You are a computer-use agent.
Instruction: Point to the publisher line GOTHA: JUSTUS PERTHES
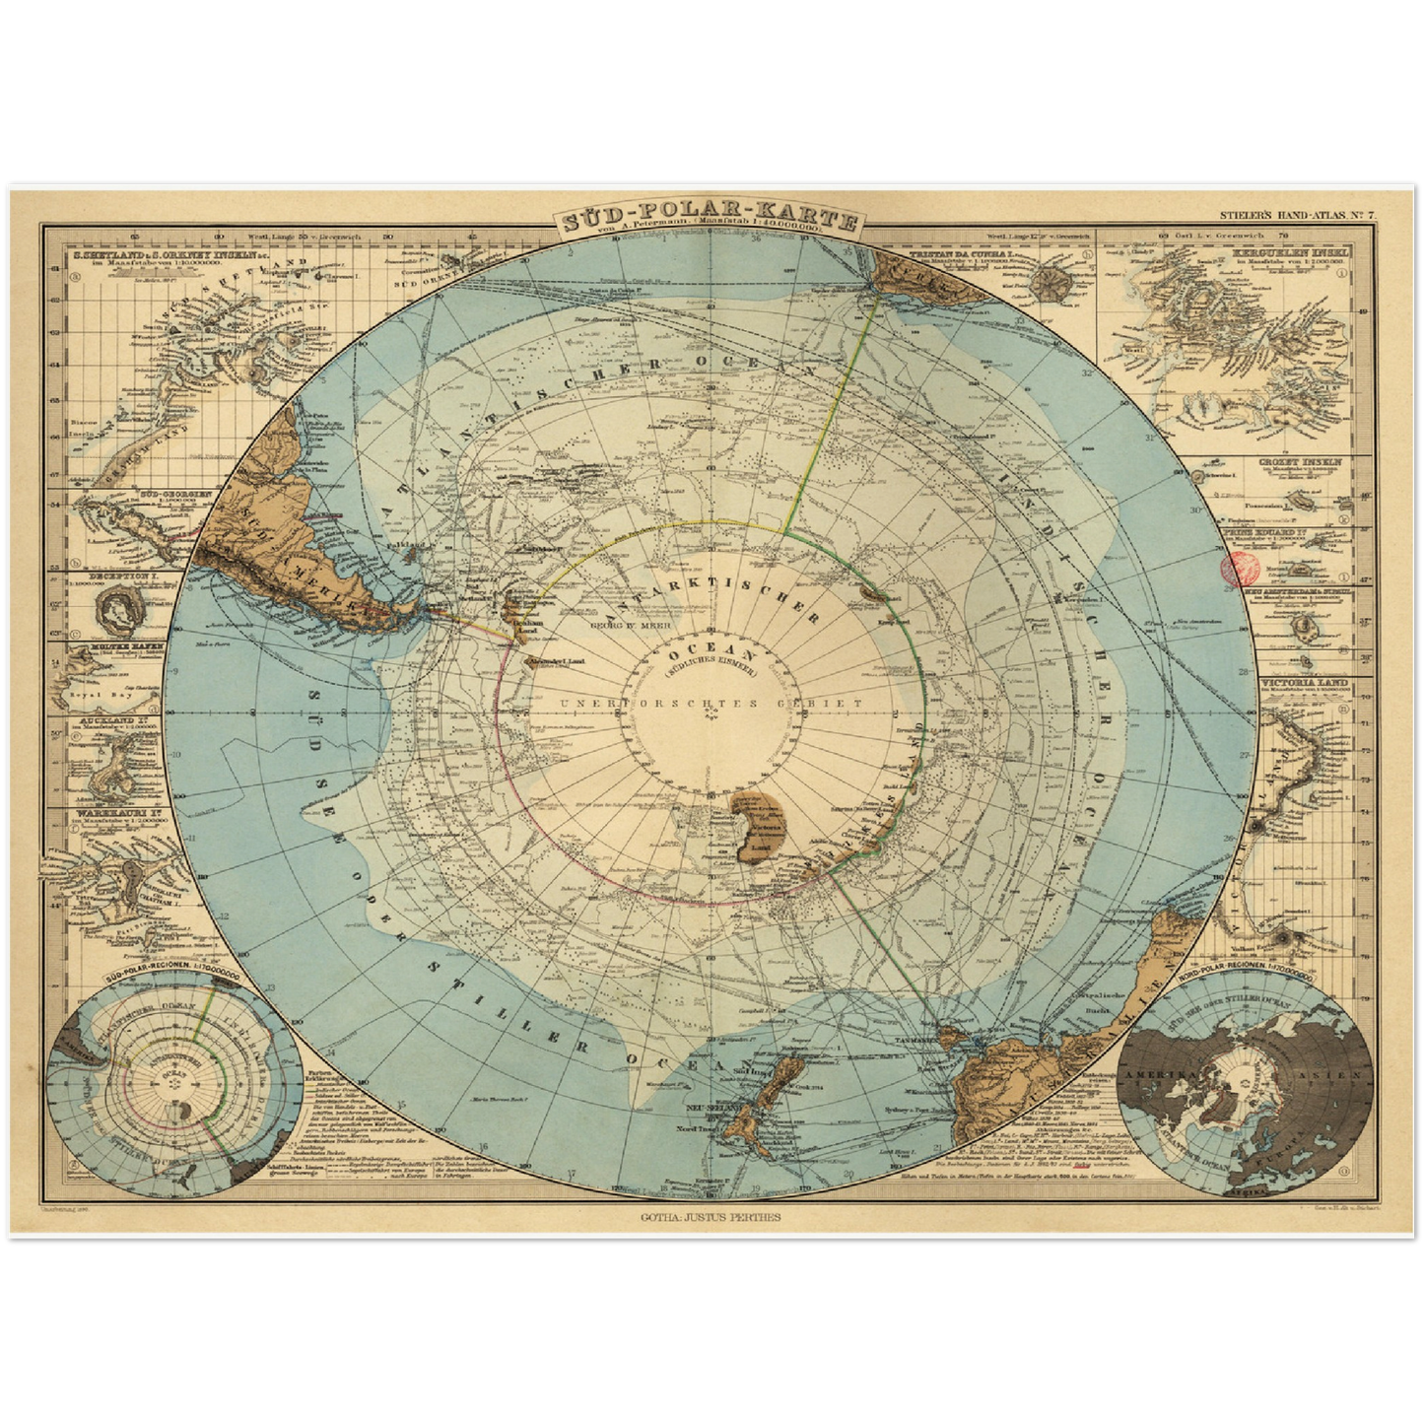[x=710, y=1217]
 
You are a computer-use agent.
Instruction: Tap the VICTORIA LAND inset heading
[x=1300, y=682]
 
